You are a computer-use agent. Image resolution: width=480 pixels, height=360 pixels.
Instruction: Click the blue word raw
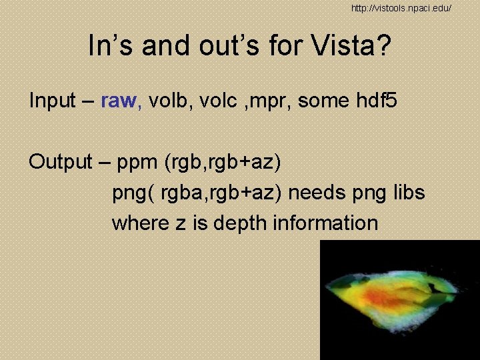tap(121, 101)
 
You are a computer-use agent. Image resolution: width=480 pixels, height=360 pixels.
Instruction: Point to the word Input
tap(53, 101)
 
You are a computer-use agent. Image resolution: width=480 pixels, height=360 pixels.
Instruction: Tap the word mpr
tap(273, 102)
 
